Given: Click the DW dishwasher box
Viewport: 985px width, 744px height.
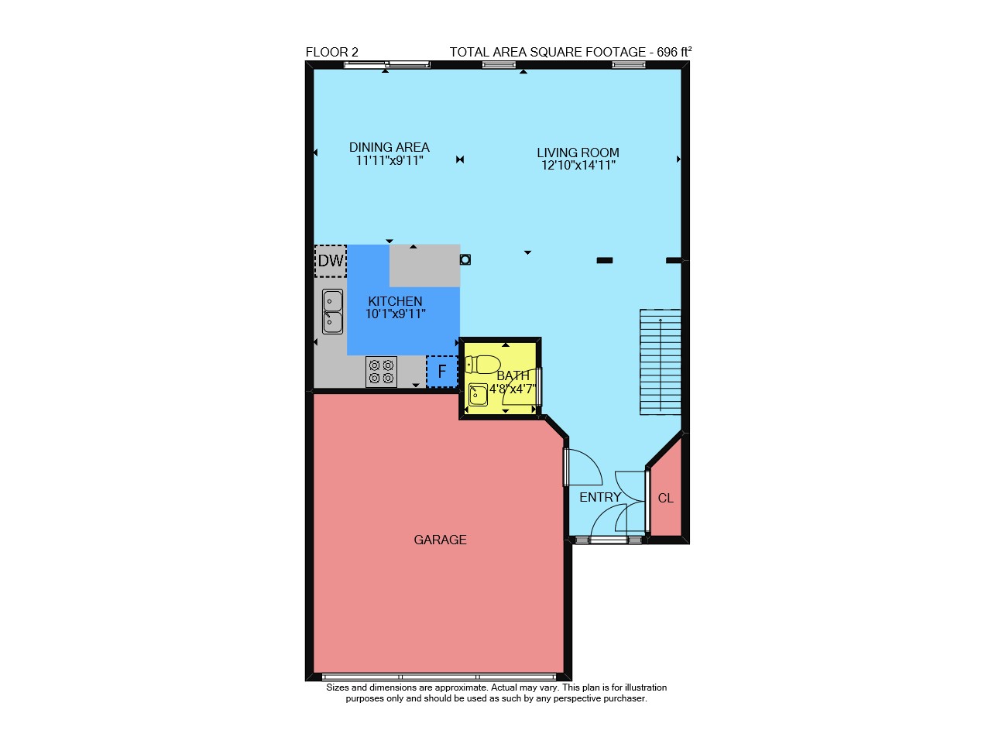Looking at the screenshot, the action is click(x=331, y=261).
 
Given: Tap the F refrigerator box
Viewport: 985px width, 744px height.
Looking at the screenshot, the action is click(x=441, y=372).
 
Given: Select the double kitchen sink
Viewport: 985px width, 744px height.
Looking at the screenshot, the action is click(x=332, y=311).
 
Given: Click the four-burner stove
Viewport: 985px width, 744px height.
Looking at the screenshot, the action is click(x=381, y=372).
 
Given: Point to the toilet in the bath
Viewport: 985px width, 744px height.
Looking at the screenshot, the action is click(x=482, y=364).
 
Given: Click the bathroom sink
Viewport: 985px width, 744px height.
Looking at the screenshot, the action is click(x=478, y=395).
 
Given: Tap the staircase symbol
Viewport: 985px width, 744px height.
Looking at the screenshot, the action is click(x=660, y=362).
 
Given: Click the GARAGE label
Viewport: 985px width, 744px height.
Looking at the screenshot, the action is click(x=440, y=540).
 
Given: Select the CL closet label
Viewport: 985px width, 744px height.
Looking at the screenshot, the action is click(x=665, y=499).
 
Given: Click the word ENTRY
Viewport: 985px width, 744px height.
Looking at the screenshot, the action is click(x=600, y=497).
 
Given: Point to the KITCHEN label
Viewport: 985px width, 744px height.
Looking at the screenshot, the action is click(x=395, y=301).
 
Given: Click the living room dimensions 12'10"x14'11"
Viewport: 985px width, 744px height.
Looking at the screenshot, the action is click(x=578, y=165).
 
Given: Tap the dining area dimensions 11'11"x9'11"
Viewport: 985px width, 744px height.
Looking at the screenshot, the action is click(x=390, y=160).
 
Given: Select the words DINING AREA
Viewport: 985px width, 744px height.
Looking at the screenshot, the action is click(x=389, y=147).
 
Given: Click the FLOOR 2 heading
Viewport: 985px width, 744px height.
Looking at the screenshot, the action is click(x=331, y=53).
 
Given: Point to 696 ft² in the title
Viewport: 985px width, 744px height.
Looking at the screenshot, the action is click(x=674, y=52).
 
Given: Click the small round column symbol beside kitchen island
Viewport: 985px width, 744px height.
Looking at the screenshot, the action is click(x=465, y=259).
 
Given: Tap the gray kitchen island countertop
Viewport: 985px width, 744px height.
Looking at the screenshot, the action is click(x=424, y=266).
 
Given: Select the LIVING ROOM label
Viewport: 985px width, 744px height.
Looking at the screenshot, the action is click(x=578, y=153).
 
